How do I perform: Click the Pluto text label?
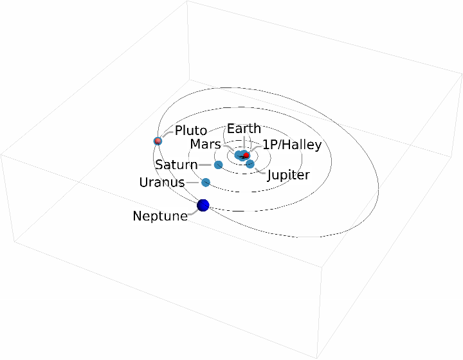pos(191,131)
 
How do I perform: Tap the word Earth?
pos(244,129)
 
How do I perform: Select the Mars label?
pos(205,145)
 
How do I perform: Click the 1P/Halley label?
pos(291,145)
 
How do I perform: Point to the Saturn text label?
pos(176,165)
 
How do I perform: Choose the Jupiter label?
pos(288,175)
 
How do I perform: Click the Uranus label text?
pos(162,183)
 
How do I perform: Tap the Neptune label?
pos(160,216)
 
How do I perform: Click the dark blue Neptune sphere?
pos(203,205)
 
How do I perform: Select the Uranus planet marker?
pos(206,183)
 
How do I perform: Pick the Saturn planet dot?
pos(218,165)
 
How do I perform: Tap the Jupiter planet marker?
pos(250,164)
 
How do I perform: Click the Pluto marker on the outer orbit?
pos(158,141)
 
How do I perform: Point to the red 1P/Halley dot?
pos(246,156)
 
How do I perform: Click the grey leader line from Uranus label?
pos(194,183)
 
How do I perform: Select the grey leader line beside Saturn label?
pos(206,165)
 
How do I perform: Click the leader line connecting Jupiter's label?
pos(260,171)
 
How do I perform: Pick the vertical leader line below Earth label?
pos(244,142)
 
